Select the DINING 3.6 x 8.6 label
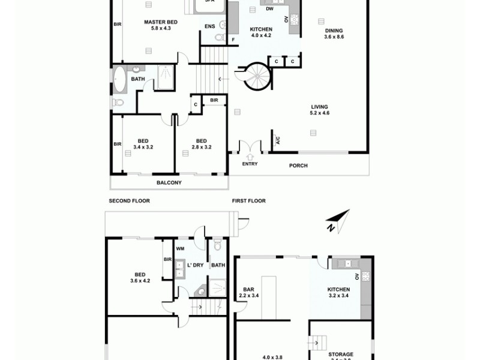334,34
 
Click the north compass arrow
337,220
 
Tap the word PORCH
298,166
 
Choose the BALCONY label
169,182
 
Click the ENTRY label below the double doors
250,164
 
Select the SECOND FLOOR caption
129,201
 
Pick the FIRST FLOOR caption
248,201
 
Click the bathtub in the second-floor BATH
119,79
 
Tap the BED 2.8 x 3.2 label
201,143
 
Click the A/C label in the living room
277,140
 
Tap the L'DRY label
195,265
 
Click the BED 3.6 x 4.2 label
139,277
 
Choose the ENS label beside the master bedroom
209,26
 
